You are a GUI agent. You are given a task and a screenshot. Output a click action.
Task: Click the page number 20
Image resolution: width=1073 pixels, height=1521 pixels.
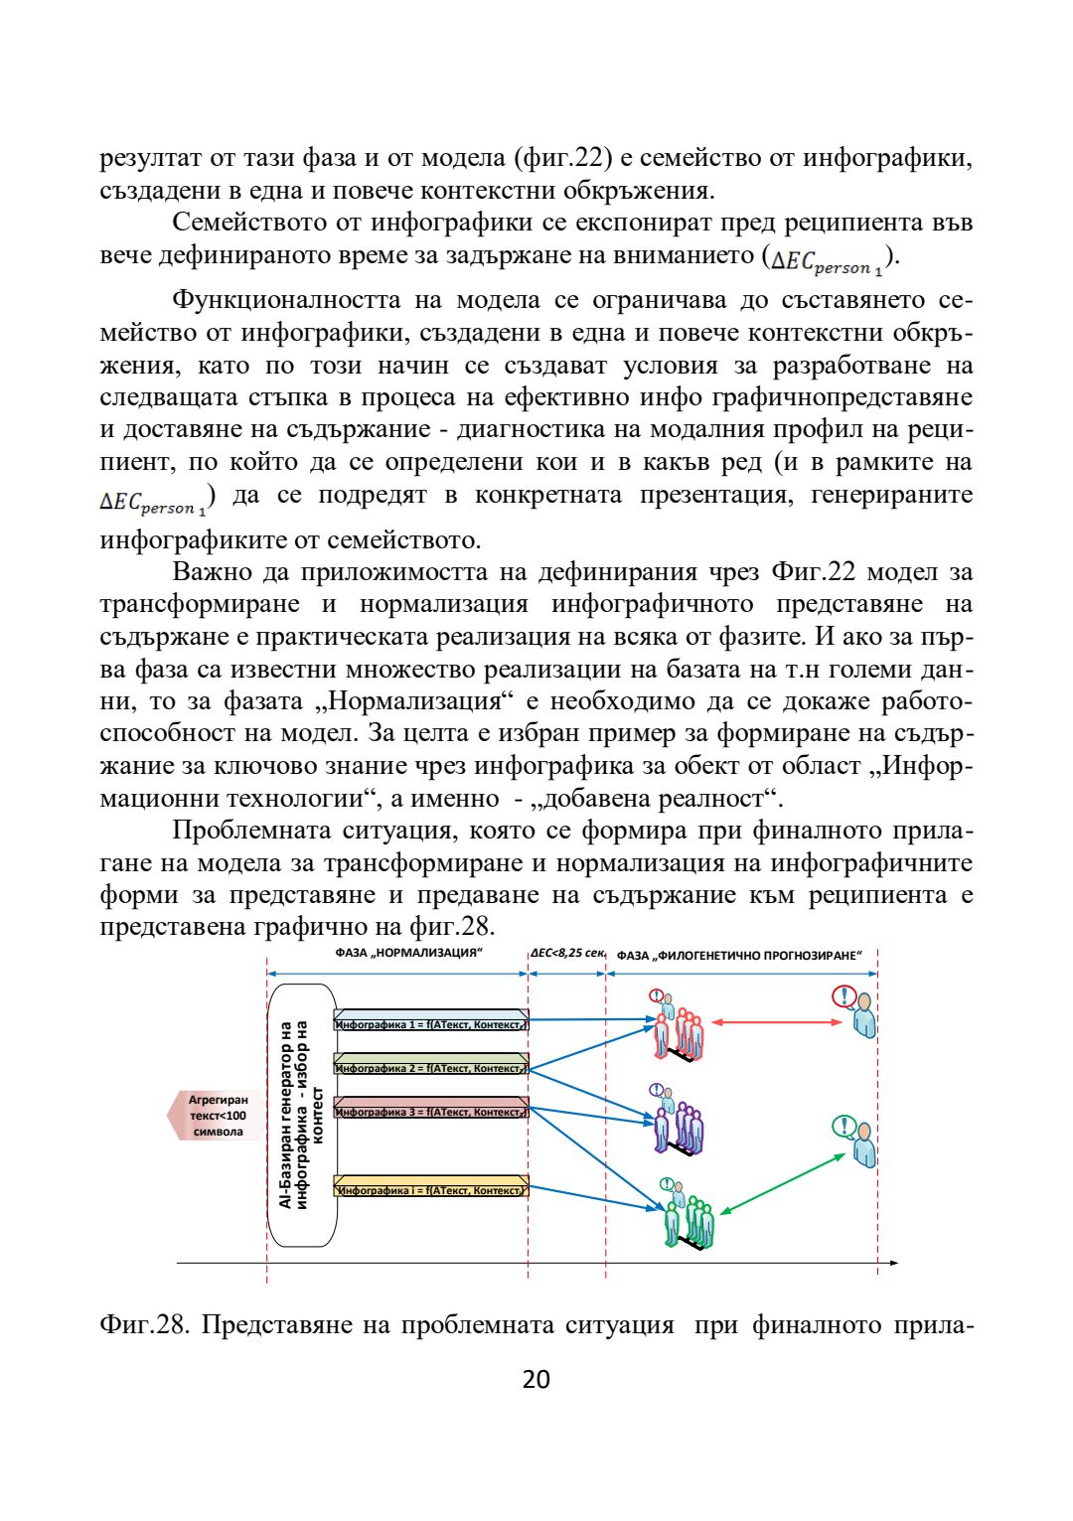coord(536,1379)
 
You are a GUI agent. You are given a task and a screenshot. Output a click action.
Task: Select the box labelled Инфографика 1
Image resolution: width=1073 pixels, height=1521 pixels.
coord(430,1023)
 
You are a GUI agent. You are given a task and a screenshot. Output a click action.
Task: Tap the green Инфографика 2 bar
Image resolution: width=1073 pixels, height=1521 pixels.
coord(430,1067)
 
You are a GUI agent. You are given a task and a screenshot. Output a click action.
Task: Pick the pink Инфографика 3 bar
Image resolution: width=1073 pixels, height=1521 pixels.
coord(430,1111)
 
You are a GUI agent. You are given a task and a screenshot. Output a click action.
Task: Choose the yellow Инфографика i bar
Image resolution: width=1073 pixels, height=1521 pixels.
coord(430,1188)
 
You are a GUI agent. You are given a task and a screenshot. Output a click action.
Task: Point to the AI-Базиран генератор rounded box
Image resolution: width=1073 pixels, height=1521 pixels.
coord(302,1115)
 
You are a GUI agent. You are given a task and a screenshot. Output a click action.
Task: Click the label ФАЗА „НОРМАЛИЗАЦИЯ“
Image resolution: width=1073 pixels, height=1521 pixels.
coord(408,954)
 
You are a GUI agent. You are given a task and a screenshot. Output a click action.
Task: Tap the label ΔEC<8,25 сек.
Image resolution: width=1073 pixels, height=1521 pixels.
coord(567,954)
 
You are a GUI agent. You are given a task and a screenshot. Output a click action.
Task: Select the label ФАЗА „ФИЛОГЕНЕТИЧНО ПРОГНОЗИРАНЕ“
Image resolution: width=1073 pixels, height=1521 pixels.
coord(739,956)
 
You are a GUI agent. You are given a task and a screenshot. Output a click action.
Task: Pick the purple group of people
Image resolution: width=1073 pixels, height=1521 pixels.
coord(680,1124)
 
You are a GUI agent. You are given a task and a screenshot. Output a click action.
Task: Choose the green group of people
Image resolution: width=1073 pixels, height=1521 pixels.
coord(689,1218)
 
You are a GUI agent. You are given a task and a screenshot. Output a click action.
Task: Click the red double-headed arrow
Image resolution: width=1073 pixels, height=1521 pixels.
coord(777,1021)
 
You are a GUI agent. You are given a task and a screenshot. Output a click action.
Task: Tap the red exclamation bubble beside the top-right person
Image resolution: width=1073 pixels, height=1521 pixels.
coord(844,995)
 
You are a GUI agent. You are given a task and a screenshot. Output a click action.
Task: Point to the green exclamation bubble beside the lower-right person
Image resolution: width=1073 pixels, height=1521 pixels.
coord(843,1126)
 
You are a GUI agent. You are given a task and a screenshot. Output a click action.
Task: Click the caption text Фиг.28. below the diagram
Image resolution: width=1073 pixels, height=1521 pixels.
coord(143,1325)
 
